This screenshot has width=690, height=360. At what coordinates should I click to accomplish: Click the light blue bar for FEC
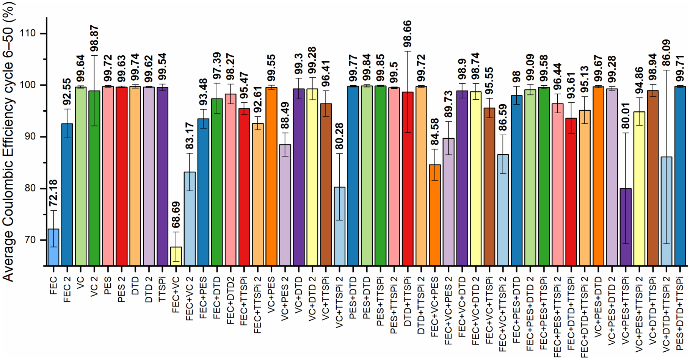(53, 247)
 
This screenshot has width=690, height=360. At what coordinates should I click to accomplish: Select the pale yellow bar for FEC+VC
(176, 256)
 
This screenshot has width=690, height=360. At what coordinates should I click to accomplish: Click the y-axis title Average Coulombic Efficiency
(8, 144)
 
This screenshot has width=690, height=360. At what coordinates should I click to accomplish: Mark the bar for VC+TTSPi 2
(339, 226)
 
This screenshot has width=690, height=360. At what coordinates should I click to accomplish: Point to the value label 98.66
(408, 34)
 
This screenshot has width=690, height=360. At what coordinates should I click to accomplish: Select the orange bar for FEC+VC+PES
(435, 215)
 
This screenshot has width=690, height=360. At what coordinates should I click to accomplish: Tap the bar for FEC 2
(67, 194)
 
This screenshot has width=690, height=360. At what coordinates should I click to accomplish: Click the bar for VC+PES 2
(285, 205)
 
